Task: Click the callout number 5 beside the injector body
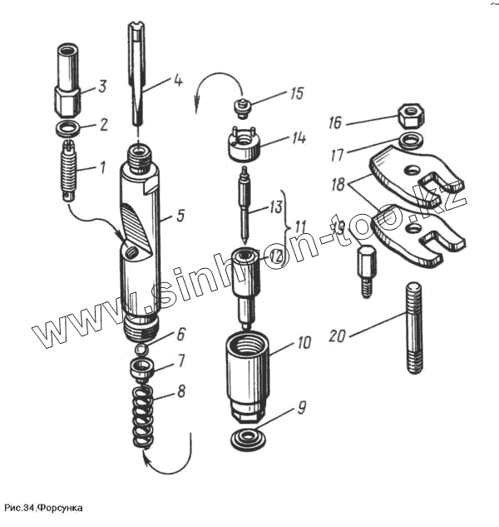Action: [180, 216]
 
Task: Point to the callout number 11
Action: [299, 225]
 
